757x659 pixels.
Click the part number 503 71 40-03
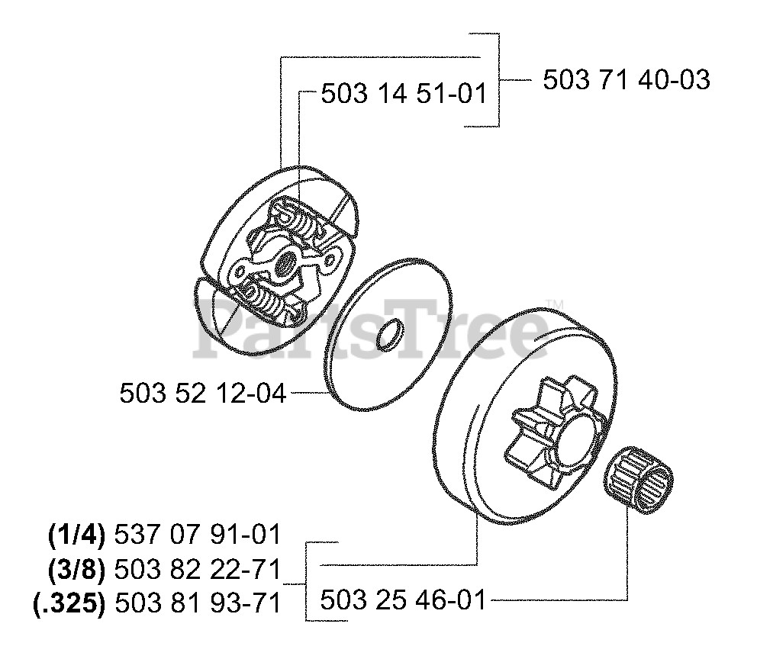click(x=626, y=79)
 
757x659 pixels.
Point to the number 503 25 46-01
click(x=403, y=600)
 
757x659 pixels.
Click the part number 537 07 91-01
click(x=197, y=535)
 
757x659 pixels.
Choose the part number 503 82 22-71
click(x=197, y=569)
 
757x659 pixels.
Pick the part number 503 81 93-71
click(x=197, y=603)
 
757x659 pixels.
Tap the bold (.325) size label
click(x=68, y=603)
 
